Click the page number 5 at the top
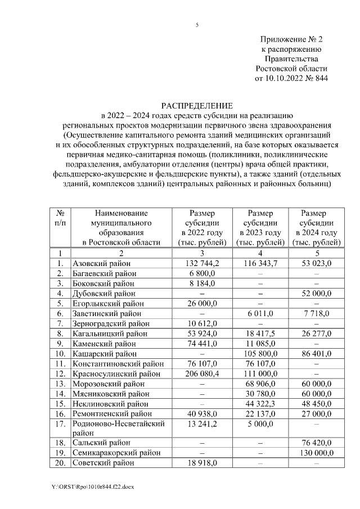[197, 25]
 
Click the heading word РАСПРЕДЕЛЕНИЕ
[197, 106]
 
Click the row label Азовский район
[102, 263]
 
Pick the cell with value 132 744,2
[202, 263]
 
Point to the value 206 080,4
[202, 374]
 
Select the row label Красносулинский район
[115, 374]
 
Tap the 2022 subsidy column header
[202, 228]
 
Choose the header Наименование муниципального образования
[121, 228]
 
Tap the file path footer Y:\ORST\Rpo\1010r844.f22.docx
[89, 484]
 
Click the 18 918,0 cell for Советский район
[202, 462]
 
